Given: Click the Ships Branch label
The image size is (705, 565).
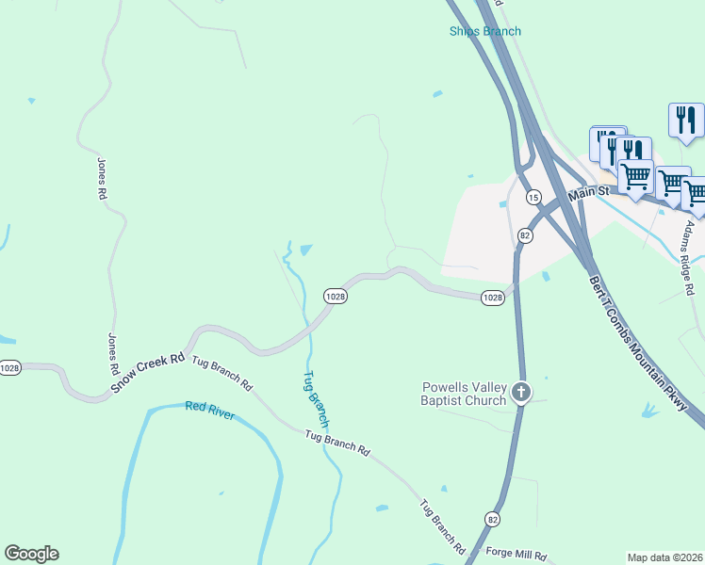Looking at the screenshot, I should click(x=484, y=31).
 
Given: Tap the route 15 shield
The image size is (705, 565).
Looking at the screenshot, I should click(x=533, y=197).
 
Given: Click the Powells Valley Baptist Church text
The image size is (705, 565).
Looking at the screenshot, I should click(x=464, y=394).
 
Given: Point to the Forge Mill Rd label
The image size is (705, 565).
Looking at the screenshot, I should click(x=514, y=555).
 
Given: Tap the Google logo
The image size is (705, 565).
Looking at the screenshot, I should click(x=31, y=554).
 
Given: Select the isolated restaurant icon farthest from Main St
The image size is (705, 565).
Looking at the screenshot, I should click(x=685, y=121).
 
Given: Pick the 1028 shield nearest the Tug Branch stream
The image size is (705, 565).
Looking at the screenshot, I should click(x=336, y=296).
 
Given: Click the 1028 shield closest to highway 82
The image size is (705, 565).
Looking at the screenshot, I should click(x=492, y=298).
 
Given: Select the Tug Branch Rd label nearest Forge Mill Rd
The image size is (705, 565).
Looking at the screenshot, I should click(x=443, y=525).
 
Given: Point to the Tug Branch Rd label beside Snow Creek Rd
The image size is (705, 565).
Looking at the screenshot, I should click(x=222, y=374).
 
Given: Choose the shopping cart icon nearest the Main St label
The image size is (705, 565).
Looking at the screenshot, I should click(x=635, y=176).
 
